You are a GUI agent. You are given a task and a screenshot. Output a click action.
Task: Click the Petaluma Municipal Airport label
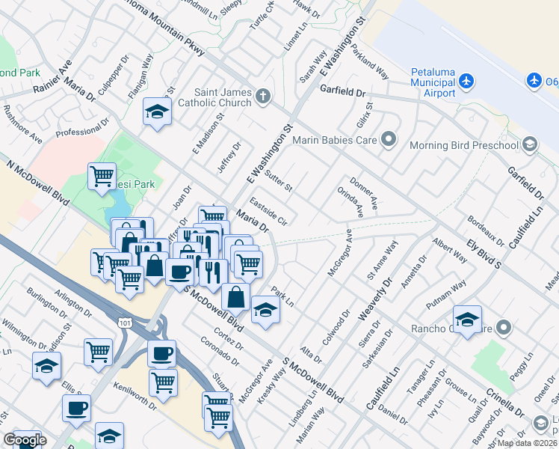click(x=433, y=82)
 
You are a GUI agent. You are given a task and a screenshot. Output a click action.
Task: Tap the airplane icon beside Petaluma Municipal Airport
click(x=466, y=79)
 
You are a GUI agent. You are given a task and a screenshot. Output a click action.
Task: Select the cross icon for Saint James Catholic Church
click(x=262, y=96)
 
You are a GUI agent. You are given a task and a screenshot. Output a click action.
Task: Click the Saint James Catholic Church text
click(x=223, y=97)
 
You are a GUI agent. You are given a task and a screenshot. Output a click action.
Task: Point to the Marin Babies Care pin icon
click(x=388, y=139)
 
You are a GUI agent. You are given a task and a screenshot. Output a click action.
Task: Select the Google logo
click(x=25, y=440)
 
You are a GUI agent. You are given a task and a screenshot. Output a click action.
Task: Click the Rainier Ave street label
click(x=52, y=77)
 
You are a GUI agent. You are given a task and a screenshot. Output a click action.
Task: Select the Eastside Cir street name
click(x=268, y=211)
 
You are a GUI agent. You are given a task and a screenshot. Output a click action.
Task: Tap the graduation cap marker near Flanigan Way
click(x=156, y=112)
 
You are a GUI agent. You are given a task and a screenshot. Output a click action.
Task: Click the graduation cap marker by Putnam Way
click(x=467, y=320)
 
